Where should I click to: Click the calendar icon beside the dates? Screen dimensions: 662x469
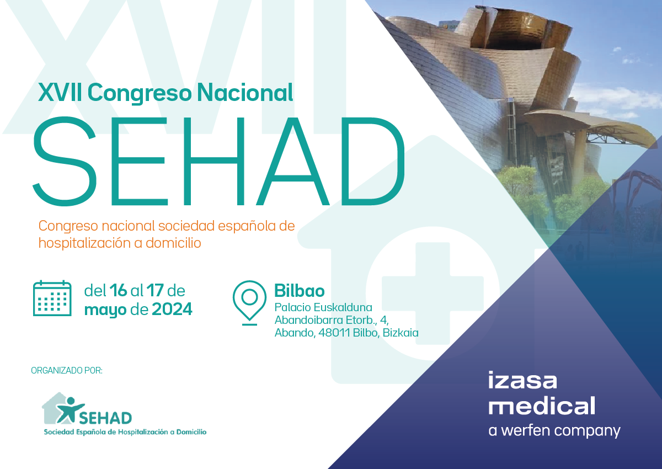click(x=52, y=298)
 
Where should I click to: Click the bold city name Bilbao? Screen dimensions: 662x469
click(x=300, y=291)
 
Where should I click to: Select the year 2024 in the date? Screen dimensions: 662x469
click(x=172, y=309)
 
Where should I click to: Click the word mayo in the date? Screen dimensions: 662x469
click(x=105, y=310)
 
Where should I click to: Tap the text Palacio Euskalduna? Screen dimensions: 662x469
click(x=323, y=307)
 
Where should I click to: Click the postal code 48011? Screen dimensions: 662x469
click(x=334, y=333)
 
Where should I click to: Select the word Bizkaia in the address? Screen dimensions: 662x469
click(x=401, y=333)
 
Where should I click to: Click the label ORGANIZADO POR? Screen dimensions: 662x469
click(x=67, y=370)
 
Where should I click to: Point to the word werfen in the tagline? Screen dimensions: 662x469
click(x=526, y=430)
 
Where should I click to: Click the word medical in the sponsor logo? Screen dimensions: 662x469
click(x=541, y=405)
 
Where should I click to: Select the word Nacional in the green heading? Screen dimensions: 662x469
click(x=245, y=93)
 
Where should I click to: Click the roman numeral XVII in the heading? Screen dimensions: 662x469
click(x=60, y=93)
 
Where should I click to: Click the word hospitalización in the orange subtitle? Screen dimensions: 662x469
click(x=84, y=243)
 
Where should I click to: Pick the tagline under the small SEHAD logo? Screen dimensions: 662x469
click(x=125, y=432)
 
